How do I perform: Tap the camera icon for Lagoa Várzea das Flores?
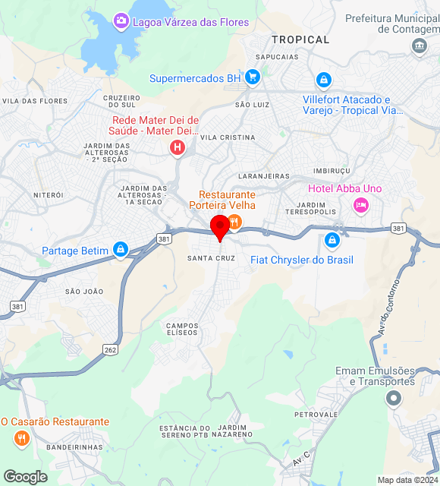pos(121,21)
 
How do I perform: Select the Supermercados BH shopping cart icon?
pos(253,77)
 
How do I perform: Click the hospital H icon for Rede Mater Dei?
pos(178,147)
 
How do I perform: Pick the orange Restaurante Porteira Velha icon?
pos(234,222)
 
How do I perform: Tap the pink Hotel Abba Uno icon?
pos(361,204)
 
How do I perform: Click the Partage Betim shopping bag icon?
pos(120,250)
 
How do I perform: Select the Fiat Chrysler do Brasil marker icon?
pos(332,241)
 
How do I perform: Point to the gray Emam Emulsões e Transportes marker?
pos(393,398)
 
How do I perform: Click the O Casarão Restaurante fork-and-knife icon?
pos(20,438)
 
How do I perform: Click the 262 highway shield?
pos(111,350)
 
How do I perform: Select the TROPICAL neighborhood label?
pos(300,39)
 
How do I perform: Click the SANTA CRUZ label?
pos(211,258)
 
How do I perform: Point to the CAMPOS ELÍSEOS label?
pos(181,329)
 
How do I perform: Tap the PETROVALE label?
pos(316,415)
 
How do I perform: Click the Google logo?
pos(25,477)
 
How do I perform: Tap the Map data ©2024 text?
pos(407,480)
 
